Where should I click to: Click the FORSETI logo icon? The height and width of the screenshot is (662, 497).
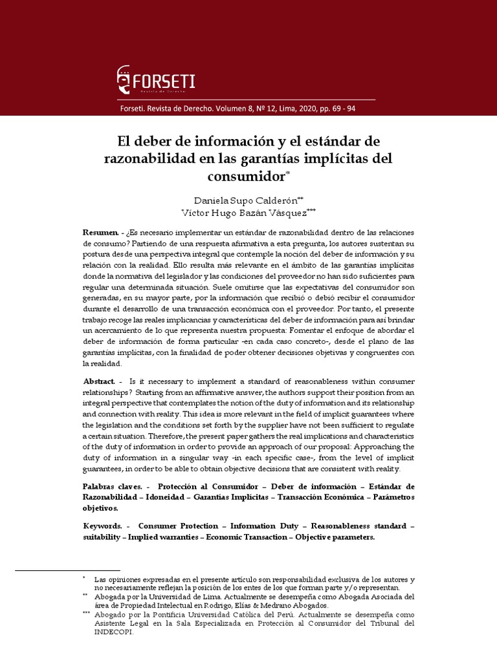(123, 80)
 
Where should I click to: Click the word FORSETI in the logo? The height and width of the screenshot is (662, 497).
(164, 81)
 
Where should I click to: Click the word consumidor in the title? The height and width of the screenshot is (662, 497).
(246, 176)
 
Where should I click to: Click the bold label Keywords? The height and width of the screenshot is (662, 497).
(102, 527)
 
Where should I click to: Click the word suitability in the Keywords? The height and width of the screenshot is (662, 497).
(103, 537)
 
